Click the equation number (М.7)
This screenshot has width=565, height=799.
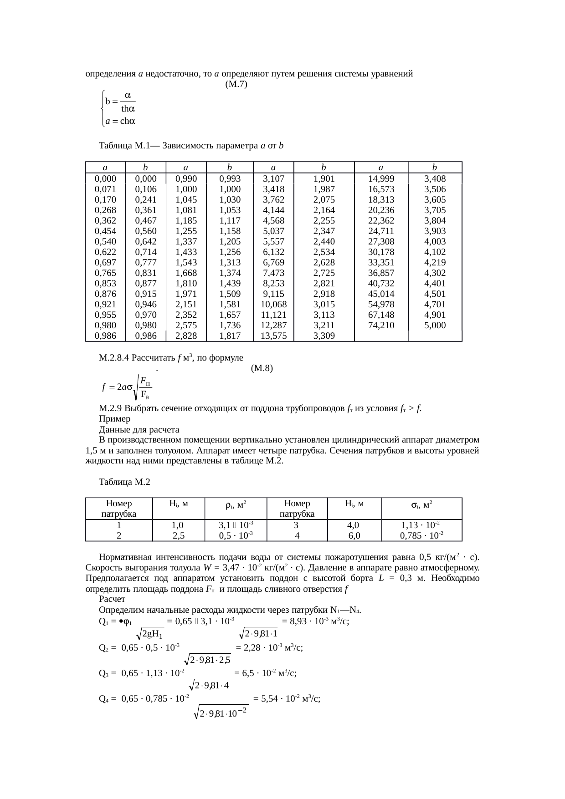coord(236,84)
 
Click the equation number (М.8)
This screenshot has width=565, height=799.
coord(262,368)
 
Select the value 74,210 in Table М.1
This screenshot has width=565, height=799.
coord(381,326)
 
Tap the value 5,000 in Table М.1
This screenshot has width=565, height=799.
coord(435,326)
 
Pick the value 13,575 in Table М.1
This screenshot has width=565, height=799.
coord(273,336)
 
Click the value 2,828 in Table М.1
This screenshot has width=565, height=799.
coord(186,336)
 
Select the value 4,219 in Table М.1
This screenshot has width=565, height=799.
coord(435,263)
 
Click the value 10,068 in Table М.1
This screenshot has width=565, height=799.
coord(273,305)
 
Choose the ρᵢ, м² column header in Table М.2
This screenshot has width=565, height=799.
coord(236,505)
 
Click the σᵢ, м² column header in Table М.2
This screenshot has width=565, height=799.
coord(421,505)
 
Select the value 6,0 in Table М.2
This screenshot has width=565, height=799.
coord(354,536)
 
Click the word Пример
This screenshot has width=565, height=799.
coord(114,418)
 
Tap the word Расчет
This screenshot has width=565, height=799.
coord(112,599)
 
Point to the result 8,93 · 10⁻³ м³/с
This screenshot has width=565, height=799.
coord(316,621)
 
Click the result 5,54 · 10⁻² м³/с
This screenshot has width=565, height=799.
coord(287,698)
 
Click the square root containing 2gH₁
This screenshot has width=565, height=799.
coord(151,634)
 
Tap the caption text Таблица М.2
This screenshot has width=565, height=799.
coord(124,482)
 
